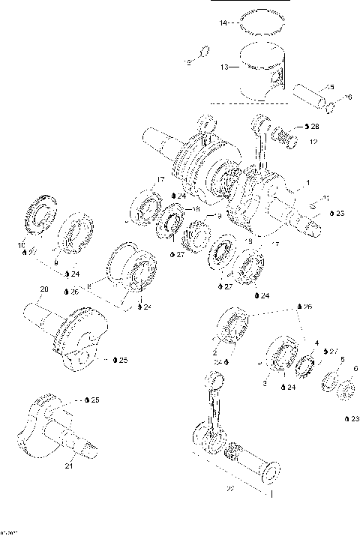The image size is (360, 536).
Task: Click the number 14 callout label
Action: [222, 23]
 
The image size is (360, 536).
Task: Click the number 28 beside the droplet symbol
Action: [314, 126]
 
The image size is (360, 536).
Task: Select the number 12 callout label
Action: [313, 141]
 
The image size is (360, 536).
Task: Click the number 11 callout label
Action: [325, 198]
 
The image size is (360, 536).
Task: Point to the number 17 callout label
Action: [160, 179]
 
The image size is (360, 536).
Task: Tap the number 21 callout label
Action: [68, 466]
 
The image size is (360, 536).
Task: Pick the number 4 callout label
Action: [316, 343]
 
